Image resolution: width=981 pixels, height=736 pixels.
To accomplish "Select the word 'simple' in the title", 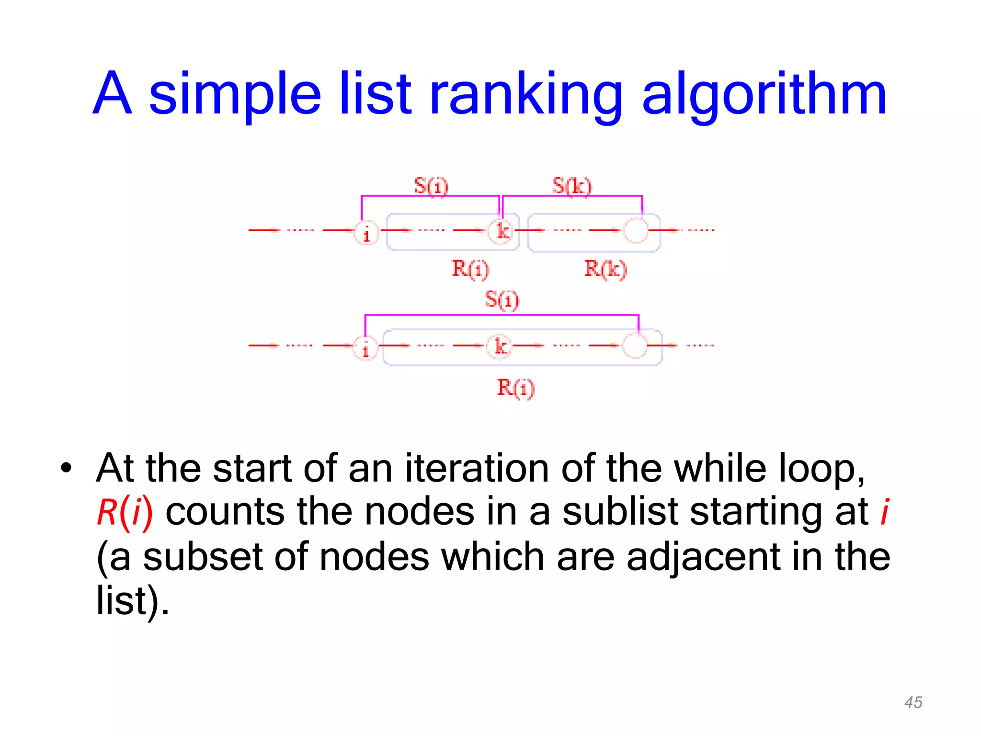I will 234,95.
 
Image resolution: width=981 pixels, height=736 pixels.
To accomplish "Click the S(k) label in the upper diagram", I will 571,186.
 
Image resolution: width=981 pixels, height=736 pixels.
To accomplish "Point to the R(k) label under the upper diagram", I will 605,269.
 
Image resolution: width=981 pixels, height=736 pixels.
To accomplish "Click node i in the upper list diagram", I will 366,234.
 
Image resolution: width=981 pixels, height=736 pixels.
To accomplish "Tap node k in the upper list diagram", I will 501,231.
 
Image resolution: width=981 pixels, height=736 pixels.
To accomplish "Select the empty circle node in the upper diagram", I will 636,230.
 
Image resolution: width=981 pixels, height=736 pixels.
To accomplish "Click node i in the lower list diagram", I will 365,348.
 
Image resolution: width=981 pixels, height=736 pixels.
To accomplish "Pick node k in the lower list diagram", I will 499,346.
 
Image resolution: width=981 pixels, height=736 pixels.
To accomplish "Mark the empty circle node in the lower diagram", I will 635,346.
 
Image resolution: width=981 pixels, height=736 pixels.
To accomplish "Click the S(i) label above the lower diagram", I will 502,300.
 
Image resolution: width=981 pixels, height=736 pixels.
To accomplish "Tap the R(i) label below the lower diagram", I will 515,388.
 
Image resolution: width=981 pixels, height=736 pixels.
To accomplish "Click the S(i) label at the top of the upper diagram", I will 431,186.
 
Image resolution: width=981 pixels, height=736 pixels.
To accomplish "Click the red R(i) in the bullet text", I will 125,512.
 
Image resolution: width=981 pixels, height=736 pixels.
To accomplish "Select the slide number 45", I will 913,702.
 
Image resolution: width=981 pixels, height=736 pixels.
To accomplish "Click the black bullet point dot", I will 66,467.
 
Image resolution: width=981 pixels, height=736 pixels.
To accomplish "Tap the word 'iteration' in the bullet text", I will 477,468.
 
